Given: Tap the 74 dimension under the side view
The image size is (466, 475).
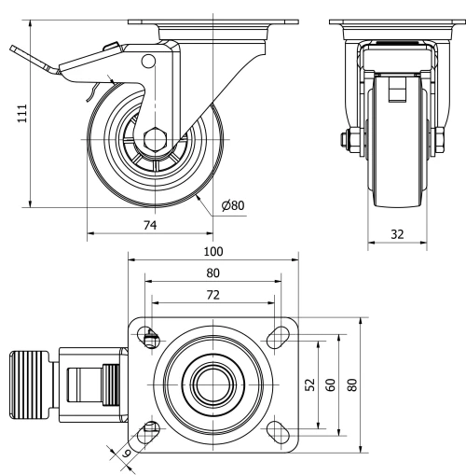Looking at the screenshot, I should click(x=149, y=224).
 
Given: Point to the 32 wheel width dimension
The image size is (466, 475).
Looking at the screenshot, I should click(x=397, y=234).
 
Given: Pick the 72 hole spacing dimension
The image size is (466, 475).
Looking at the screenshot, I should click(x=213, y=295).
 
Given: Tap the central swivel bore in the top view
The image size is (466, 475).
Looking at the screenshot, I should click(x=212, y=384).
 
